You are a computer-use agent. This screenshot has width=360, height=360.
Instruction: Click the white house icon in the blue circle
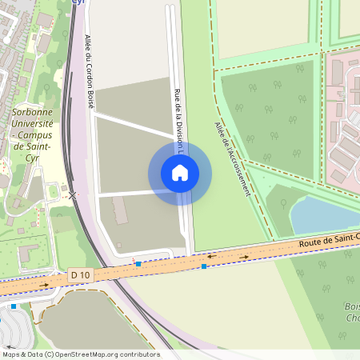pyautogui.click(x=179, y=172)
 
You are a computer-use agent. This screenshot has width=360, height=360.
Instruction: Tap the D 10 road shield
pyautogui.click(x=78, y=274)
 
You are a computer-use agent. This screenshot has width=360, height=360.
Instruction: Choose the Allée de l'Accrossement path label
pyautogui.click(x=232, y=159)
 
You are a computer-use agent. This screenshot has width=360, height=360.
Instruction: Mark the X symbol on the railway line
pyautogui.click(x=73, y=194)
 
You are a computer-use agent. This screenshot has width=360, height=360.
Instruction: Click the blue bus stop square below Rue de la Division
pyautogui.click(x=204, y=266)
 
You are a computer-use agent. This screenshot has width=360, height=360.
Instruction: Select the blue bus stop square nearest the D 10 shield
pyautogui.click(x=138, y=263)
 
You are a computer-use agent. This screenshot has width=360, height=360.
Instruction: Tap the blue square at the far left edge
pyautogui.click(x=14, y=306)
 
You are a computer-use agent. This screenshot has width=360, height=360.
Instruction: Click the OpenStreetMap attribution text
pyautogui.click(x=80, y=354)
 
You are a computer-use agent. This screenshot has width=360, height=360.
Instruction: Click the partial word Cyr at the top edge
pyautogui.click(x=78, y=2)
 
